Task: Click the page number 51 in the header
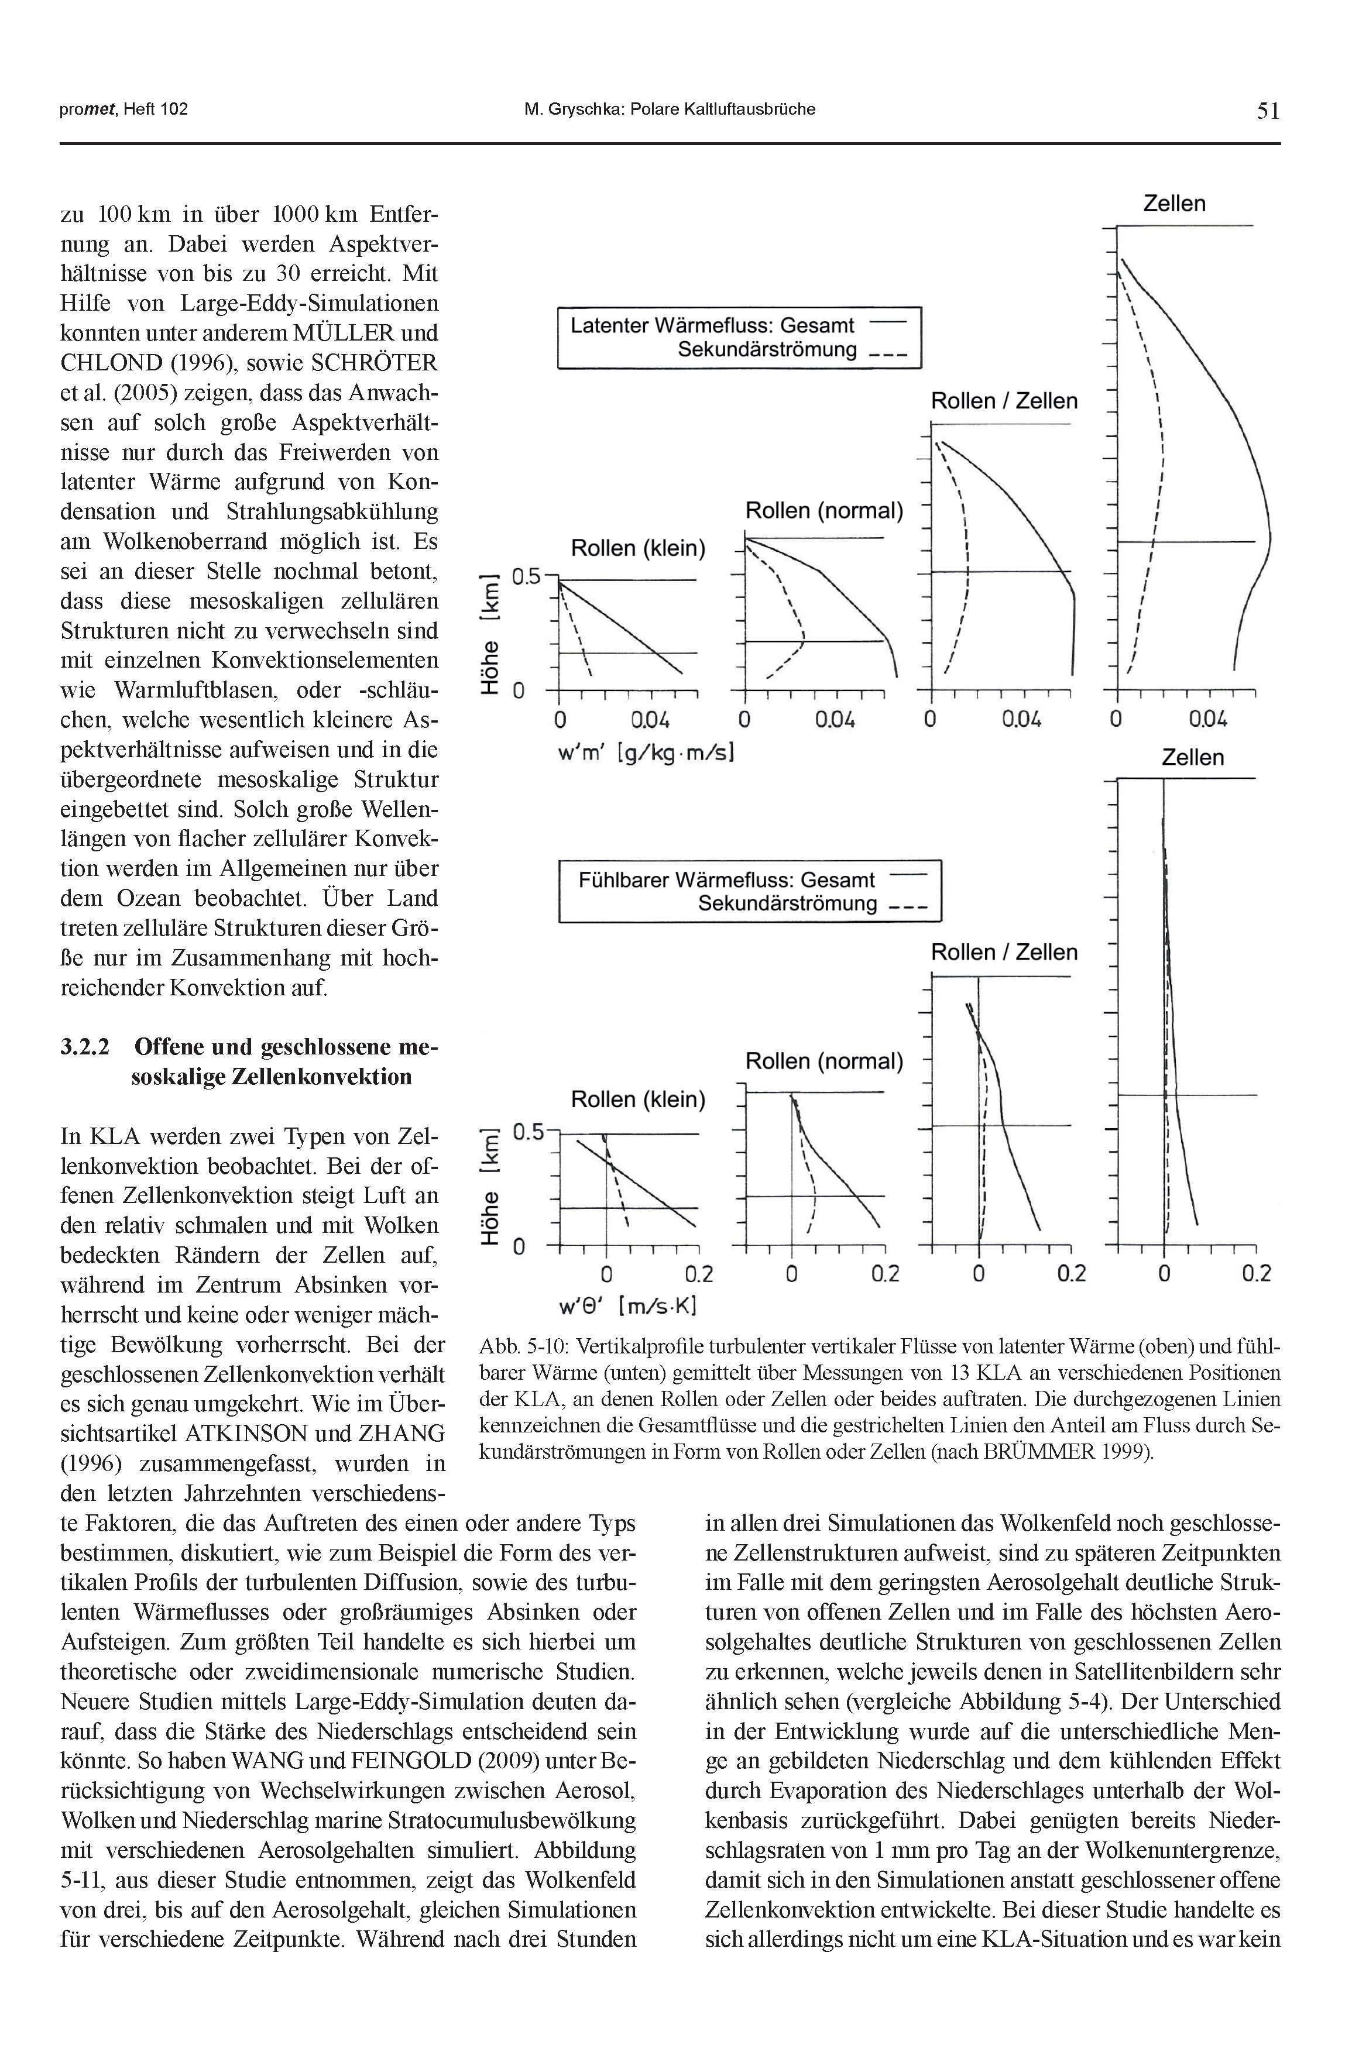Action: tap(1268, 110)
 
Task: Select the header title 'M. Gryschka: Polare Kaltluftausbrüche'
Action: tap(669, 109)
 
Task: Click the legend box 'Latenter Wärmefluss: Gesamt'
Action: tap(739, 338)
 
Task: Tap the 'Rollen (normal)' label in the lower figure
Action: tap(824, 1061)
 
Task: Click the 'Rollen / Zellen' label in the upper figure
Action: tap(1004, 401)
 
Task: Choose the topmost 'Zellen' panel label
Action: tap(1174, 204)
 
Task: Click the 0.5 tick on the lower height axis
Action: tap(526, 1132)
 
